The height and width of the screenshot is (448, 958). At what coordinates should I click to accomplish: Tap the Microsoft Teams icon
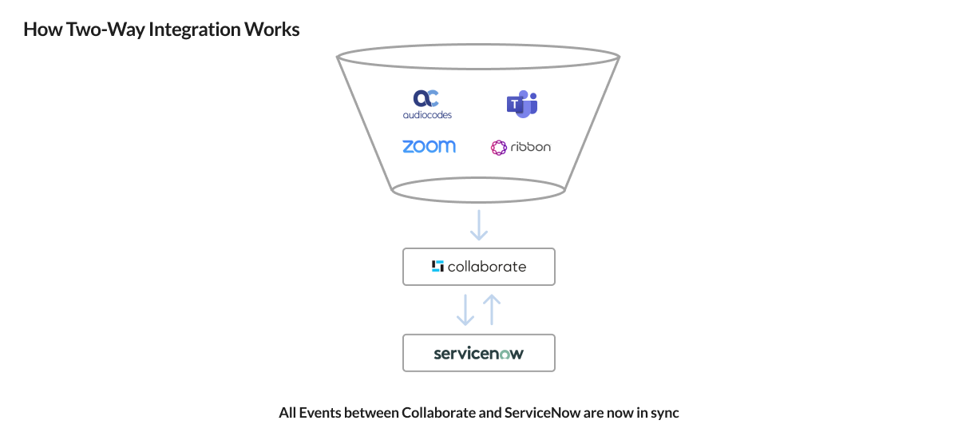522,104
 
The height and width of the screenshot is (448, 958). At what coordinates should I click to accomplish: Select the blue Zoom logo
429,146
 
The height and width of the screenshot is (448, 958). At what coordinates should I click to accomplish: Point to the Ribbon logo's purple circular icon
499,147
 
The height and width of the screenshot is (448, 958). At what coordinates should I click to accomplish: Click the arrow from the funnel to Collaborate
479,224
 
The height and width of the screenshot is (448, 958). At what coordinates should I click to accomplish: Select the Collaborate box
479,267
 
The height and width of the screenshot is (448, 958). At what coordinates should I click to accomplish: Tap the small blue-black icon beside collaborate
437,267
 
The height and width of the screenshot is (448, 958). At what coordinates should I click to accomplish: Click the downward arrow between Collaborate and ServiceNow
465,311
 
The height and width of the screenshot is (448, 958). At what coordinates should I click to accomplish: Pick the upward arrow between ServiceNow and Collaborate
493,309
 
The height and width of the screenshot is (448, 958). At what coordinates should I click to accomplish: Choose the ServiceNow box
479,353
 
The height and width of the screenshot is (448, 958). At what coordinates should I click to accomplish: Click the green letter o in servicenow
505,354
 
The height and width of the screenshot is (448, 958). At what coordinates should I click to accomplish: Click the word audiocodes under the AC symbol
427,114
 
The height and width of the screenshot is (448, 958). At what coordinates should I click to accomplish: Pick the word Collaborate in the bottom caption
438,414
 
